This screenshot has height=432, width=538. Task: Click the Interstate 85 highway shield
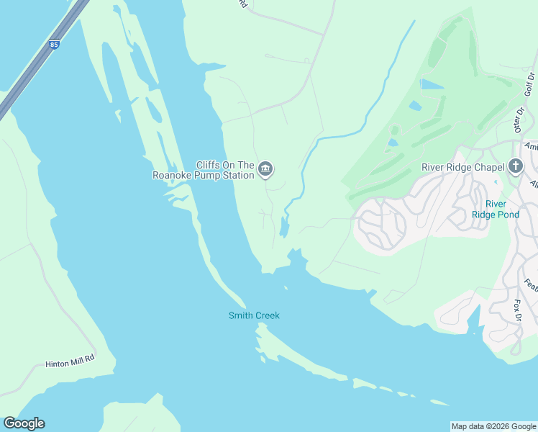click(55, 45)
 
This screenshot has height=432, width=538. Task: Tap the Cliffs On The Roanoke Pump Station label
click(204, 170)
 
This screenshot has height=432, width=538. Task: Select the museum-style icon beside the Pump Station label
click(265, 169)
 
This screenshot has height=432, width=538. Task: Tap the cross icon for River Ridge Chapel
click(515, 167)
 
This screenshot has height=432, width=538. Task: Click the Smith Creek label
click(254, 315)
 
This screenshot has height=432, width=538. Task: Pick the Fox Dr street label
click(517, 310)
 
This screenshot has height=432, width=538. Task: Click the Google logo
click(24, 423)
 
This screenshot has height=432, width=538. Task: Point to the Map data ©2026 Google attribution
click(493, 426)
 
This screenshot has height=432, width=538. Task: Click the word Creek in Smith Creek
click(267, 315)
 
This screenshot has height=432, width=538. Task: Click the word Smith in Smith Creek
click(240, 315)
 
